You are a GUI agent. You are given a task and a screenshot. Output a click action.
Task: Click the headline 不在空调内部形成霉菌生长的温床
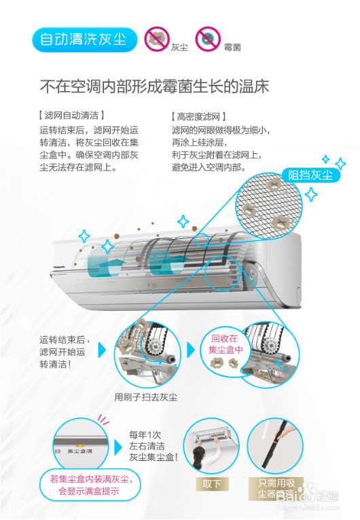click(155, 87)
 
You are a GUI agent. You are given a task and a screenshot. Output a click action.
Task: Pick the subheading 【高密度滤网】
click(199, 117)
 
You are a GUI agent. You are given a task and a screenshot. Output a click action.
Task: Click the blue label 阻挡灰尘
click(310, 176)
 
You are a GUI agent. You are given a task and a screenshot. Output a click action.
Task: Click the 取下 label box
click(211, 483)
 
